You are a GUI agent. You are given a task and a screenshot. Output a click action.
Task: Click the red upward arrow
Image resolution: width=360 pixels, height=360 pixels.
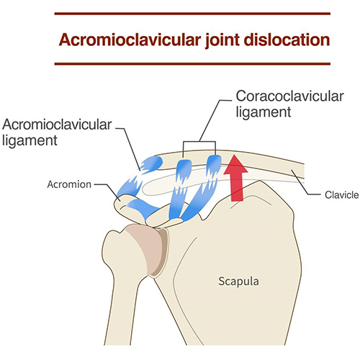[235, 179]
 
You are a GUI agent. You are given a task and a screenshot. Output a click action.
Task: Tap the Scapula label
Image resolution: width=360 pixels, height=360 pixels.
[238, 282]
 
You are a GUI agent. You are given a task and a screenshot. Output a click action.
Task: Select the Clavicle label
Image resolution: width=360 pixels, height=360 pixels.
[342, 195]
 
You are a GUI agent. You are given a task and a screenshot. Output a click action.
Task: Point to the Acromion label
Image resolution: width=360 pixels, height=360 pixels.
[69, 184]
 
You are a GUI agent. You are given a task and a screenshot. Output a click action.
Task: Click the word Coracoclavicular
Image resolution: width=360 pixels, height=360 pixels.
[289, 96]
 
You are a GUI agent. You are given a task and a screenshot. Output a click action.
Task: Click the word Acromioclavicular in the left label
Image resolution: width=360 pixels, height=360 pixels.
[57, 125]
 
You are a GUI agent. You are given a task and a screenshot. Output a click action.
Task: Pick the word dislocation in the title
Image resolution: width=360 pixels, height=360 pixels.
[287, 40]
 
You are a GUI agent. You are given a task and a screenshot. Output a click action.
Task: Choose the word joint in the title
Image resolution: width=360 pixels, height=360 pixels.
[222, 40]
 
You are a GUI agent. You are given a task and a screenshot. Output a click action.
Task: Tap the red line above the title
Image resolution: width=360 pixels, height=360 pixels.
[192, 14]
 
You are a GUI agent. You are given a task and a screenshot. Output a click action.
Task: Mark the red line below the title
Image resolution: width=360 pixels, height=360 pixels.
[192, 64]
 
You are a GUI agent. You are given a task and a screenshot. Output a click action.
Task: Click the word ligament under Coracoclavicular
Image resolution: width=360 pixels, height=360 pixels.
[264, 112]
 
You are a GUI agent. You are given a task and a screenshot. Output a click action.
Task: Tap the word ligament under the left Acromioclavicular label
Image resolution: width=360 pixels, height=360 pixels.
[30, 140]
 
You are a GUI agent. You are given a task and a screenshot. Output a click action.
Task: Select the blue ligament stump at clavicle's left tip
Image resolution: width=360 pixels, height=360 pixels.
[151, 164]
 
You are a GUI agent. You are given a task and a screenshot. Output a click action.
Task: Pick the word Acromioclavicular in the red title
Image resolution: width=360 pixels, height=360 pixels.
[130, 40]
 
